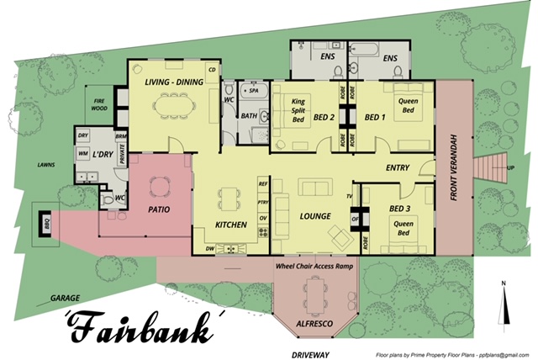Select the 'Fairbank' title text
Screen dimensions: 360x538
[135, 328]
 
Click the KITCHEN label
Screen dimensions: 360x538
[230, 225]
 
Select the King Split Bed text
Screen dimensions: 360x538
[296, 110]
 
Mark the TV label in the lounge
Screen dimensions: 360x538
[347, 197]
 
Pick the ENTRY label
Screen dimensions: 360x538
[398, 167]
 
